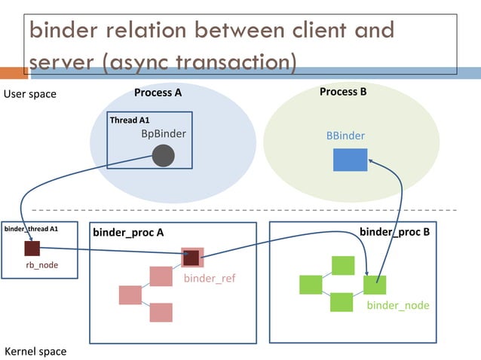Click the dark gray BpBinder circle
point(163,156)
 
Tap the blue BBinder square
point(350,160)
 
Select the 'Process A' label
point(158,93)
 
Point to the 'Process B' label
point(343,92)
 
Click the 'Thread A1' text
point(130,121)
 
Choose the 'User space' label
point(30,95)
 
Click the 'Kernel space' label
point(35,351)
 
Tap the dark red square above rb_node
point(32,249)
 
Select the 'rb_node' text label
point(42,265)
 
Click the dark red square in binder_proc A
point(191,258)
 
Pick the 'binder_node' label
point(398,305)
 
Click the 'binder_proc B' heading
point(394,231)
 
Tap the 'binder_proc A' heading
point(128,233)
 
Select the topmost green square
point(343,266)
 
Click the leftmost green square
point(311,285)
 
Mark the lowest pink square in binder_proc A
point(161,312)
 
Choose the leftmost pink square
point(130,294)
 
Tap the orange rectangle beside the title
point(13,73)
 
